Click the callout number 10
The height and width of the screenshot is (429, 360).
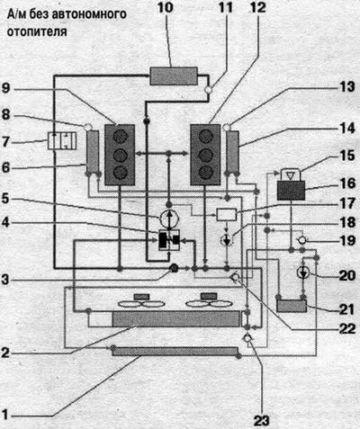(x=166, y=7)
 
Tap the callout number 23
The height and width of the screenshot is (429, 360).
(x=261, y=420)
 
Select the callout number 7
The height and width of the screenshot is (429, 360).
(x=6, y=141)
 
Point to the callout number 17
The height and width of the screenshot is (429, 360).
(x=347, y=204)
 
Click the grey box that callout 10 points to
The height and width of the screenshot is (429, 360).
(x=174, y=76)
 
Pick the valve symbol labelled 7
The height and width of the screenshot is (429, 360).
(x=62, y=141)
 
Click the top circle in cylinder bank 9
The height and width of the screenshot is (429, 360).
(x=120, y=138)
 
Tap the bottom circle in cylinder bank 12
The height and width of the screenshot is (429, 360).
(x=206, y=173)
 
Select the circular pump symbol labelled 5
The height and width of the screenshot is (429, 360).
(x=168, y=219)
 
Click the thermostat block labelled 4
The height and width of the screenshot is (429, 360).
(x=169, y=240)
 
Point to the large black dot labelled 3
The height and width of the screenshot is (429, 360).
(x=174, y=268)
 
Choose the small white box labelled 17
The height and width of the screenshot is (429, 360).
(x=227, y=215)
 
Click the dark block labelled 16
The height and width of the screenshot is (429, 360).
(x=291, y=191)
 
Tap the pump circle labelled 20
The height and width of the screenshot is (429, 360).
(x=304, y=273)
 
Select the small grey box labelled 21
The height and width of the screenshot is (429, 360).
(x=292, y=306)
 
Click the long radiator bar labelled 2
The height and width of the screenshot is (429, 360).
(x=176, y=318)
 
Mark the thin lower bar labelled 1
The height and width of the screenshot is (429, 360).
(x=175, y=351)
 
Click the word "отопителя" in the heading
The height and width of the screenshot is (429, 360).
(x=37, y=31)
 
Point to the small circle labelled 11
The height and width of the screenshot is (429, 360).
(x=209, y=89)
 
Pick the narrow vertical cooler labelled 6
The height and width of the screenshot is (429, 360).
(x=93, y=152)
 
